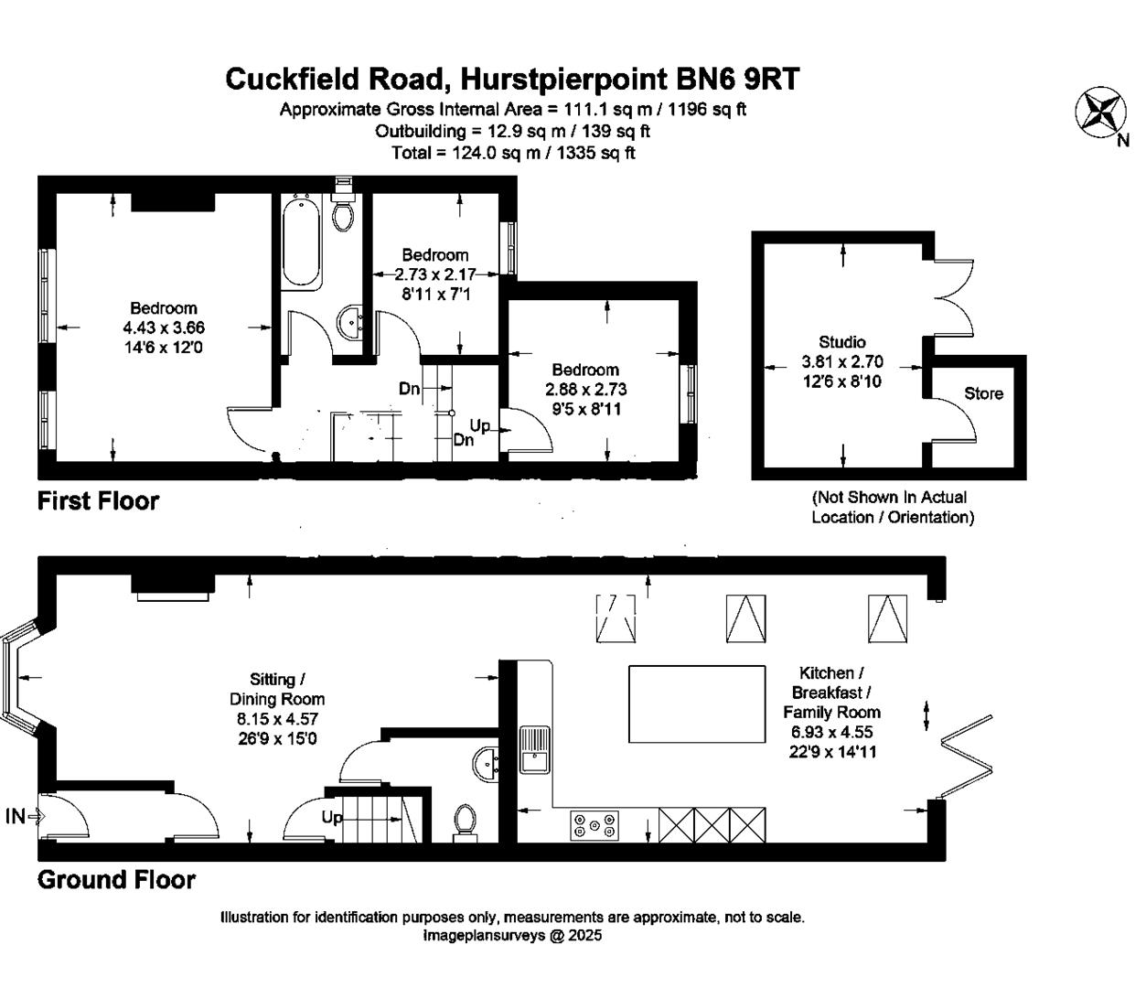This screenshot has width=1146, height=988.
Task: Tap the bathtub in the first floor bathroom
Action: click(x=301, y=243)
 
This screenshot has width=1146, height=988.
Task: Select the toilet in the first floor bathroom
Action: click(x=344, y=212)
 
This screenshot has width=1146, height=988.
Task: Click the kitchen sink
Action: click(x=534, y=748)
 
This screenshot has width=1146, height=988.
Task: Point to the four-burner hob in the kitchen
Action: click(x=594, y=825)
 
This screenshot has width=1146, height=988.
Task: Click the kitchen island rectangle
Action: click(x=697, y=704)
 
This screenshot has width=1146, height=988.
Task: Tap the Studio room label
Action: click(x=842, y=342)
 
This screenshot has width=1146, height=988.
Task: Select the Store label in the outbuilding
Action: click(x=983, y=393)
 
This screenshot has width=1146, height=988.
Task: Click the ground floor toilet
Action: click(x=466, y=821)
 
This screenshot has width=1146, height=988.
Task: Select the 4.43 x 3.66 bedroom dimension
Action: click(x=164, y=328)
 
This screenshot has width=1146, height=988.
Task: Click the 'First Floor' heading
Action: click(x=98, y=501)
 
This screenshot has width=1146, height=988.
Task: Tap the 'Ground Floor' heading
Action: click(x=116, y=880)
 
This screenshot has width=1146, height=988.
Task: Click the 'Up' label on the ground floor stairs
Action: click(x=332, y=817)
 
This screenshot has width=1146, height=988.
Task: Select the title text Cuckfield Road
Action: click(x=335, y=80)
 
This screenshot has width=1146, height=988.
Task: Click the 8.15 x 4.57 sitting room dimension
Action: click(x=277, y=719)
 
